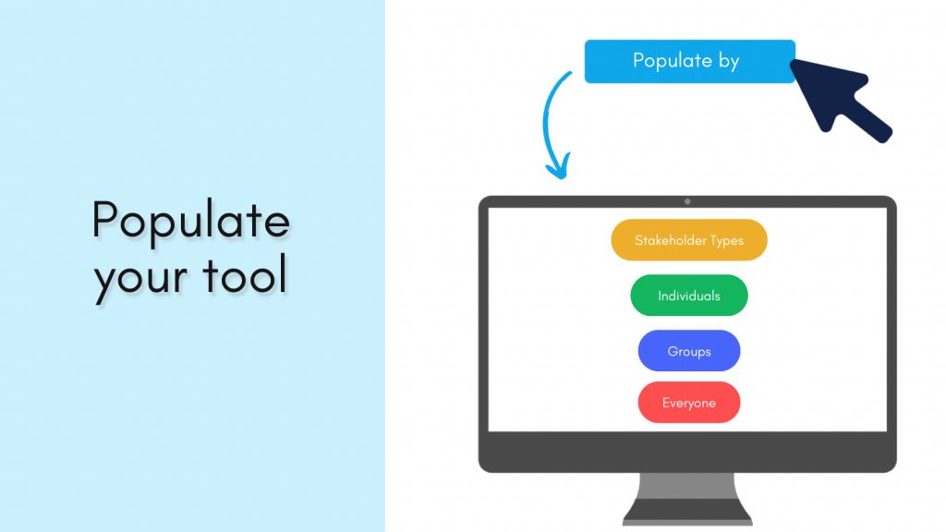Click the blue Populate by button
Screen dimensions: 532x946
pos(689,61)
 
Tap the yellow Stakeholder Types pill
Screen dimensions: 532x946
pos(689,240)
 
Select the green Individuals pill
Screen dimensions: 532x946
pos(689,296)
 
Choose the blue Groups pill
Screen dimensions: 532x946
pos(689,351)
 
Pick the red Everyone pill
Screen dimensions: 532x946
pos(689,403)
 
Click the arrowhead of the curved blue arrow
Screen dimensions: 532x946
pos(555,168)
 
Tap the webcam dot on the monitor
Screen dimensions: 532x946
pos(687,201)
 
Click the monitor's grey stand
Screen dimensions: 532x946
pos(687,499)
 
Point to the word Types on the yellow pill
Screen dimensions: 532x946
pos(726,241)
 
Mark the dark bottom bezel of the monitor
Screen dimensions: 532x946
pos(687,453)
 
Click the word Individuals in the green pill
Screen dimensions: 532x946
pos(689,296)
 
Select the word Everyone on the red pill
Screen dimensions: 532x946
pos(689,403)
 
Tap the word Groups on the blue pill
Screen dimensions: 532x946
pos(689,351)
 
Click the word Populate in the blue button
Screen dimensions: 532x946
pos(671,62)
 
